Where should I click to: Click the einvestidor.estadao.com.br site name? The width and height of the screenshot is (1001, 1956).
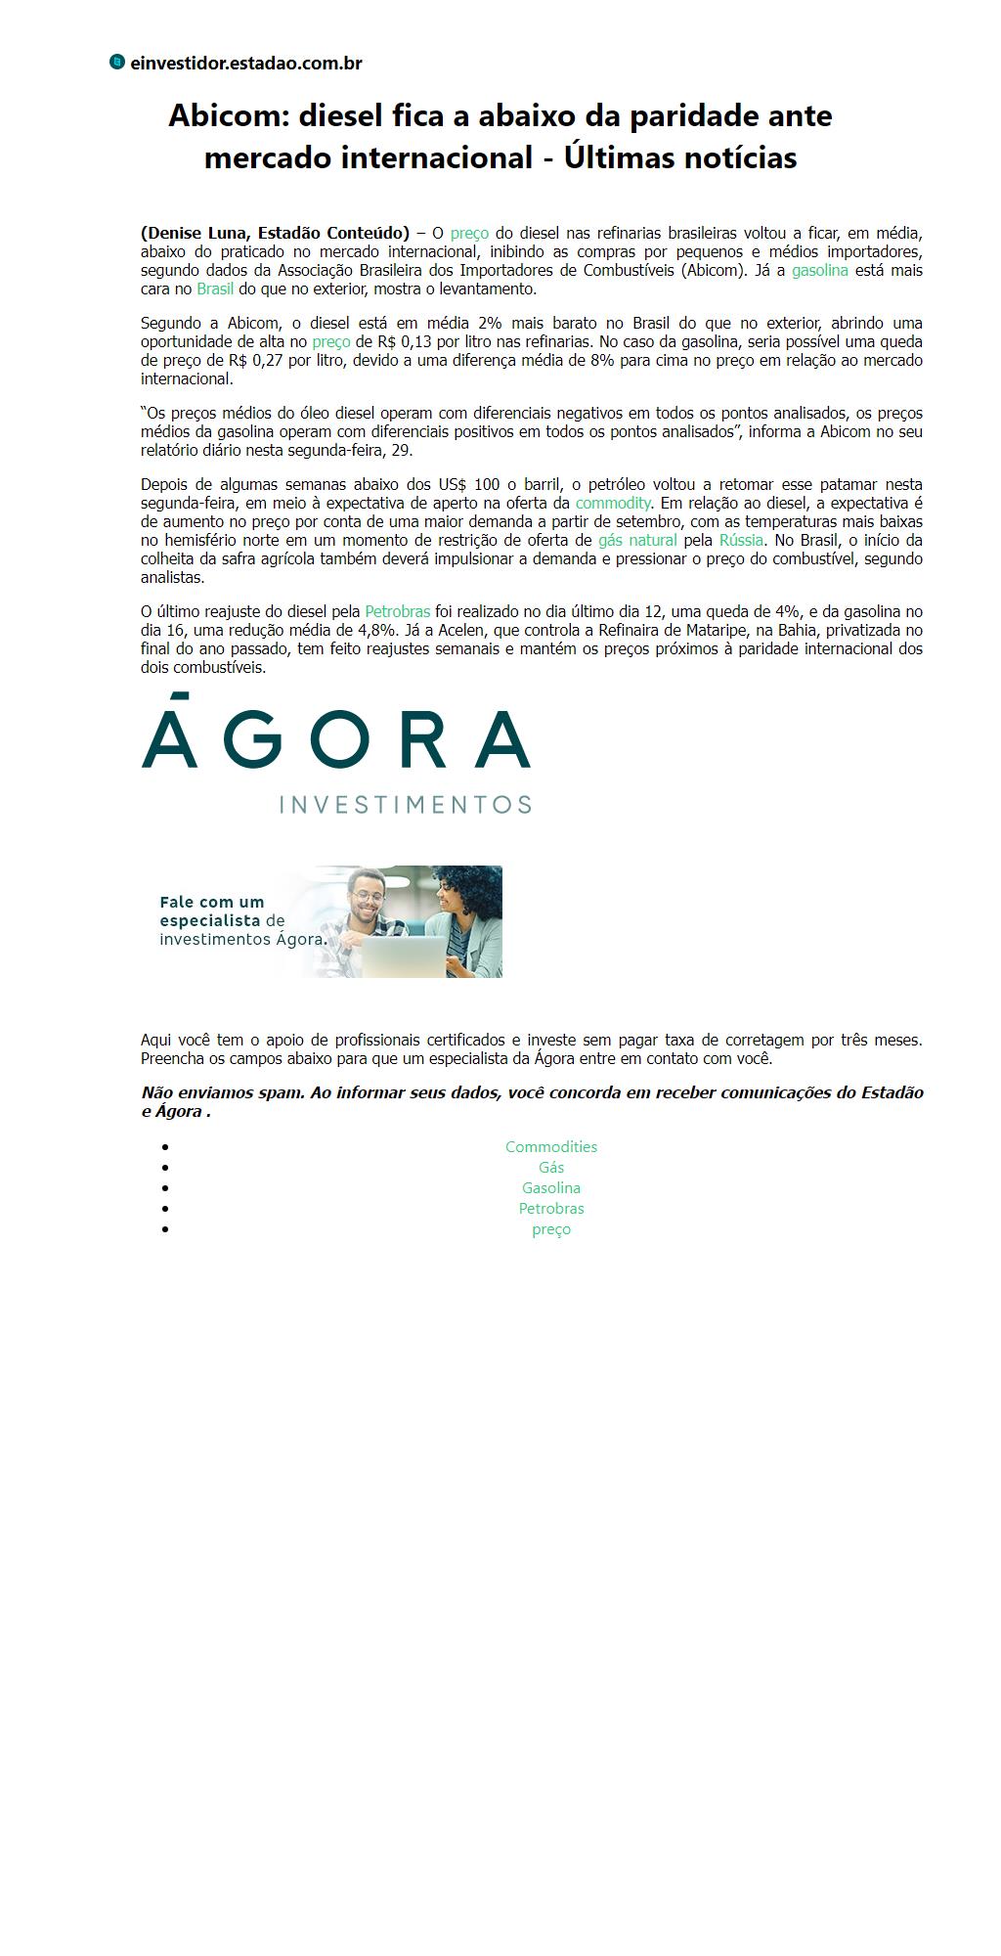point(245,64)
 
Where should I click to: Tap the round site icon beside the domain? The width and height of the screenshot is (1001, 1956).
point(117,63)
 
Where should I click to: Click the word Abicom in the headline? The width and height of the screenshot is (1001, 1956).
point(229,116)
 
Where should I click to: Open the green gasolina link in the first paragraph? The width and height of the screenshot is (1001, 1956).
point(819,271)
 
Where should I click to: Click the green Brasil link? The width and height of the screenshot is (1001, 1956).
point(215,289)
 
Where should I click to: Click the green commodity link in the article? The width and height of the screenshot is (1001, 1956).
point(613,504)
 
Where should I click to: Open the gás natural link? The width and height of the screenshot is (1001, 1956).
point(637,541)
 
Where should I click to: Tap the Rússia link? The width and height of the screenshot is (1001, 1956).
point(741,541)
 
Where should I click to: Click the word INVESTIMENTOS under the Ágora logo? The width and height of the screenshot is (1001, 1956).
point(405,805)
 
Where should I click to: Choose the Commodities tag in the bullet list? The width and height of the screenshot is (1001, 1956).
point(551,1147)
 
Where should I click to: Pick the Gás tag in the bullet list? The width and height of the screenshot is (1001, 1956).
point(551,1168)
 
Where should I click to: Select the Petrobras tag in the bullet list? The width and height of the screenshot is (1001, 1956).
point(551,1209)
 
